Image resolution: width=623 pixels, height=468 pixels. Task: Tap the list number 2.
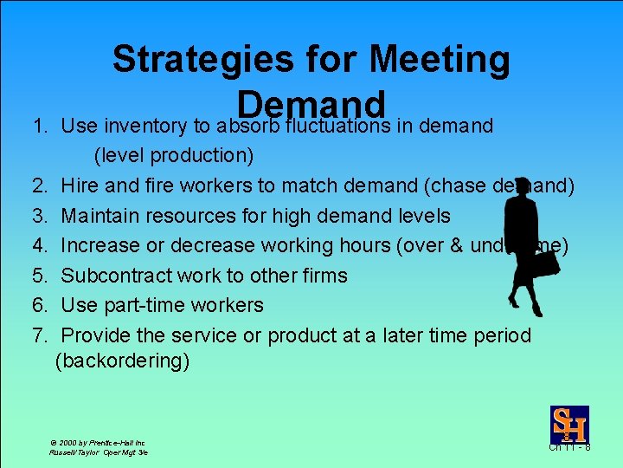[x=39, y=185]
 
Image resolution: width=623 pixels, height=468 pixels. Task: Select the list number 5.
[x=39, y=276]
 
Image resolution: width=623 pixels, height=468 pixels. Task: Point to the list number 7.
[x=39, y=335]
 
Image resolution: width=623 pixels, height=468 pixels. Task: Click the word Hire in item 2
[x=80, y=185]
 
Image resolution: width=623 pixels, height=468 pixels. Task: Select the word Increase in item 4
[x=102, y=245]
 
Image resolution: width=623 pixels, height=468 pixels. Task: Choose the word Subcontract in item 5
[x=117, y=276]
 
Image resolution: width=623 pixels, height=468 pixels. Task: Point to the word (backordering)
[x=122, y=361]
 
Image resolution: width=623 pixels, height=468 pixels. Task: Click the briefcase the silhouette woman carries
[x=547, y=263]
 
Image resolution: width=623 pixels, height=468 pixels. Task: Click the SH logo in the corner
[x=569, y=425]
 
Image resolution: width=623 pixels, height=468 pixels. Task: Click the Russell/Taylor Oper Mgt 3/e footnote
[x=98, y=452]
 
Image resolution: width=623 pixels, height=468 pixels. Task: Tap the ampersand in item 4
[x=456, y=245]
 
